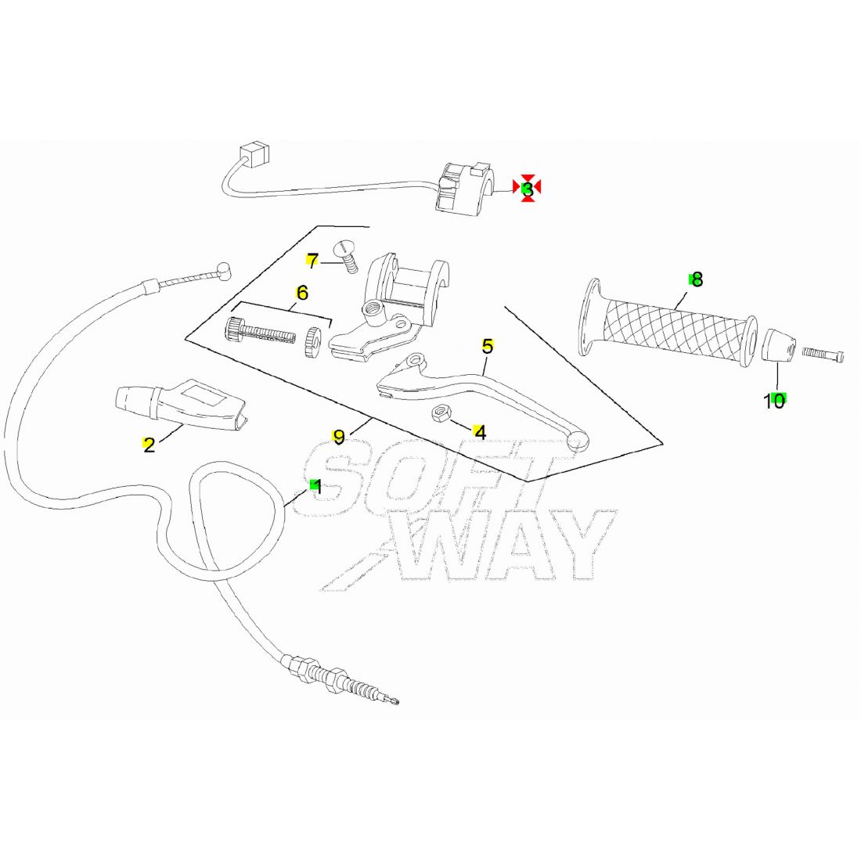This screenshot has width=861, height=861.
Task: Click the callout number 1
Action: coord(316,487)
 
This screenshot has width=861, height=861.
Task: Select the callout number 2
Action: coord(149,445)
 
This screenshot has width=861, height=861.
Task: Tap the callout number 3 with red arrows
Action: coord(527,189)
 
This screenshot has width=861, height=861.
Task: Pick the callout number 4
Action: coord(480,432)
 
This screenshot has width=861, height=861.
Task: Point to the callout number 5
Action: coord(488,347)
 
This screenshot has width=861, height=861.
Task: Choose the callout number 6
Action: coord(302,293)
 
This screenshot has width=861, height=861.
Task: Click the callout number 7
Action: coord(312,261)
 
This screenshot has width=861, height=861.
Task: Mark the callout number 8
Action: coord(697,279)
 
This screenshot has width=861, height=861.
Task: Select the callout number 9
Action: coord(340,437)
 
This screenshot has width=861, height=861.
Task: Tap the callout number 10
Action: coord(775,402)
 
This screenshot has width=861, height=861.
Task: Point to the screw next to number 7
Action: coord(347,256)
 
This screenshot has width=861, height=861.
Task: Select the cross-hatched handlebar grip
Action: coord(668,322)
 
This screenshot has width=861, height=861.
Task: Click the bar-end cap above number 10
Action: coord(779,345)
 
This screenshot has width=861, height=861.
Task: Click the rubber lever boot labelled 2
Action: coord(181,404)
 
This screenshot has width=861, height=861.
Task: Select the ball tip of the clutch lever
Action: coord(578,441)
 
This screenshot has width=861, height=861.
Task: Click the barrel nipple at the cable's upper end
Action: coord(224,270)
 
